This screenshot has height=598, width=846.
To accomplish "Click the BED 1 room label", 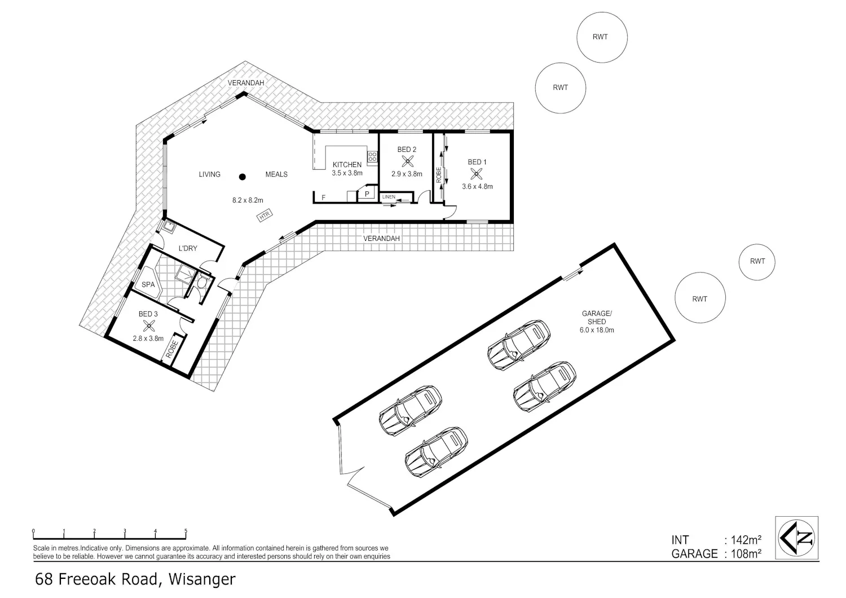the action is coord(477,162).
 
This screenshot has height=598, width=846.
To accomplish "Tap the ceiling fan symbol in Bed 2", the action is coord(407,162).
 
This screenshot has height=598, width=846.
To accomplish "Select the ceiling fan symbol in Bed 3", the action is coord(149,326).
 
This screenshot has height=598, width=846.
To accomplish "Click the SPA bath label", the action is coord(148,284).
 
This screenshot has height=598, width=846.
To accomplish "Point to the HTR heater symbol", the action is coord(265,216).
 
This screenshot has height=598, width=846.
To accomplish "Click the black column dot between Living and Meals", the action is coord(243,177).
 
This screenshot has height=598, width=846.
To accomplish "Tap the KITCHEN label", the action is coord(347,165).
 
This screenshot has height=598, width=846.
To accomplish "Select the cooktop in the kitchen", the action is coord(372,157).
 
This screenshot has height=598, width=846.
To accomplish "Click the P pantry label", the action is coord(367,194).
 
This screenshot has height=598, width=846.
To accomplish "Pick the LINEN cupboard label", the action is coord(389,197).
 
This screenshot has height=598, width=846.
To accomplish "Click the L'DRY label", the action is coord(188,248).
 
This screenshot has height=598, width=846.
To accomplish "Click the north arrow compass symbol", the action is coord(796,538).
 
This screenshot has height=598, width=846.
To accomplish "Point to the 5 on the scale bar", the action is coord(186,531).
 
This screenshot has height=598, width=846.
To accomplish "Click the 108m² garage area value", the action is coord(746,554).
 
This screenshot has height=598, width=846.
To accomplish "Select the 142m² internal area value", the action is coord(746,540).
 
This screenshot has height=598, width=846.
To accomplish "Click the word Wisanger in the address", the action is coord(202,579).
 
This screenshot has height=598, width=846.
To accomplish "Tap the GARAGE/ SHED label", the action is coord(597,317).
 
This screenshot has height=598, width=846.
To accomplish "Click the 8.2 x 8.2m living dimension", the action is coord(248,200).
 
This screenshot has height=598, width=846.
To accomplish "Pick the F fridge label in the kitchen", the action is coord(324,197).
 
